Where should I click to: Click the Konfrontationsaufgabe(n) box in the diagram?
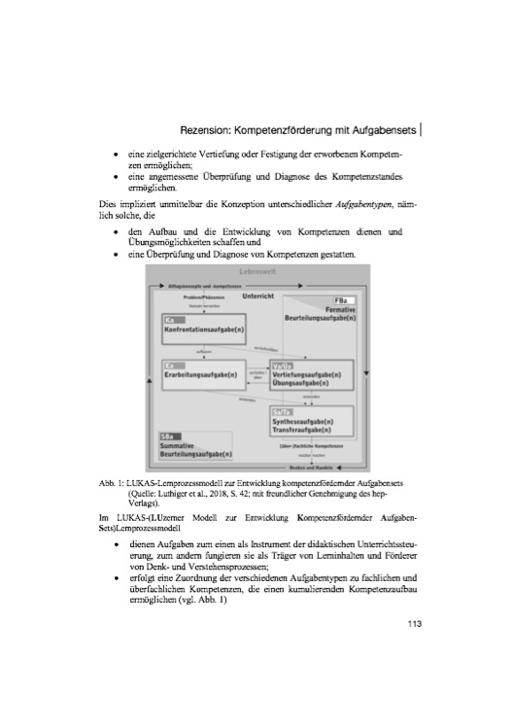(x=200, y=329)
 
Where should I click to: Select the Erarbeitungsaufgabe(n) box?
(x=200, y=377)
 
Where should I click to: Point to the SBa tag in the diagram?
(x=166, y=436)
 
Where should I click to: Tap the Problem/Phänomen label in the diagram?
(x=204, y=297)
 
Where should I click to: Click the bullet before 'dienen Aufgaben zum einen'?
(x=117, y=545)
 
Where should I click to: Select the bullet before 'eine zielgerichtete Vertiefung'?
(x=117, y=155)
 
